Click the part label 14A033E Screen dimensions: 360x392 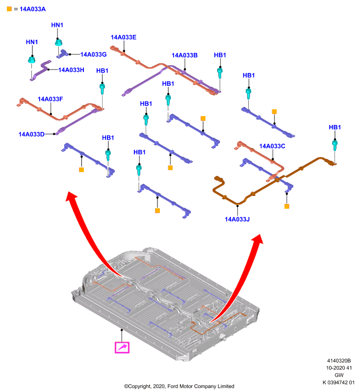123,37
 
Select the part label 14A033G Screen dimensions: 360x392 93,54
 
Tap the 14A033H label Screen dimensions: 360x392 71,70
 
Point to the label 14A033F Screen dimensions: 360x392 50,99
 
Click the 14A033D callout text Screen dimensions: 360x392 31,134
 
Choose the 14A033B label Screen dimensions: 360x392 184,55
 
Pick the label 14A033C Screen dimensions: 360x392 272,146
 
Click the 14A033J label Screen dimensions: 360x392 237,219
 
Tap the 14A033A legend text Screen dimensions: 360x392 32,9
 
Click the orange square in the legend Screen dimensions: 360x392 9,9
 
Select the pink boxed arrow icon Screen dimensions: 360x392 122,347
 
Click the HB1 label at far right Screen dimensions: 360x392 334,127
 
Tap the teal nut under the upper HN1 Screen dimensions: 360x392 58,43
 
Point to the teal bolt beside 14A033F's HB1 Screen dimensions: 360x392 102,89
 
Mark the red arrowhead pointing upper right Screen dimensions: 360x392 258,239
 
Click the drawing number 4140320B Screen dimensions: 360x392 339,361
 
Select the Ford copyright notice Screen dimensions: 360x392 179,386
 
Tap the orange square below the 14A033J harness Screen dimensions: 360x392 287,206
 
